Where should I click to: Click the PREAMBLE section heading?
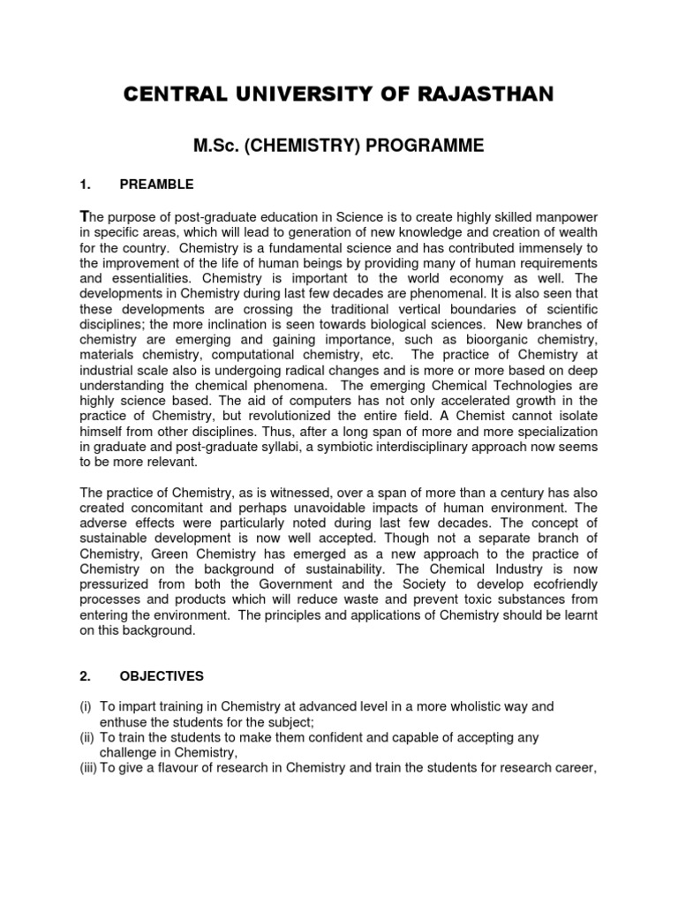(155, 185)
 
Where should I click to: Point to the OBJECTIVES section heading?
(161, 676)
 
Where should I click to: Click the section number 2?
(85, 676)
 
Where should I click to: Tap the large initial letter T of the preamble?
(84, 218)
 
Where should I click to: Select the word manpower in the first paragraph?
(562, 220)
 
